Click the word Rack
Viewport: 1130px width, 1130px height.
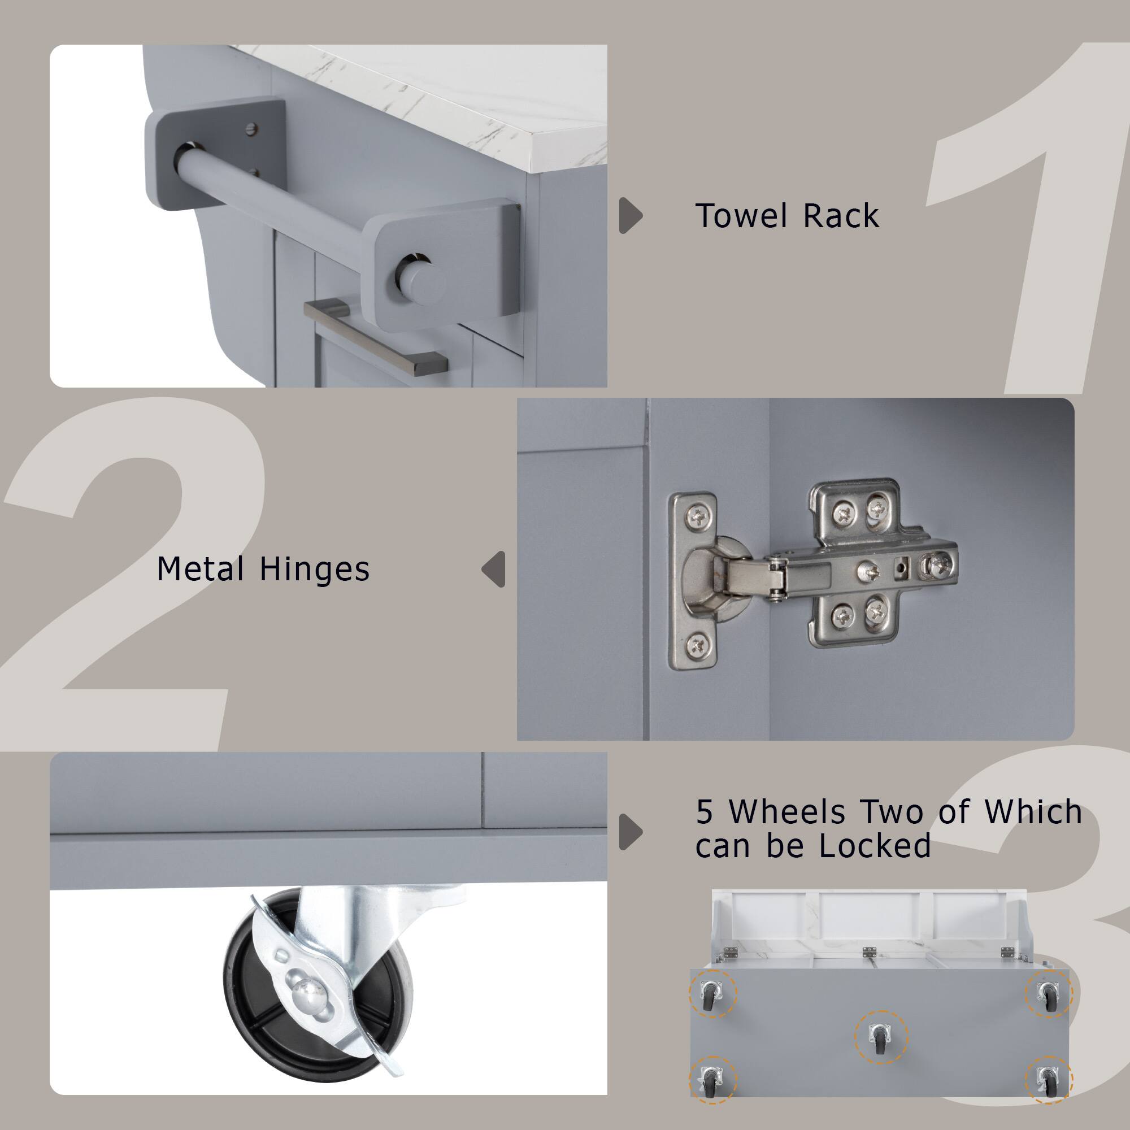click(841, 216)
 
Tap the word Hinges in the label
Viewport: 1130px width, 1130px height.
click(314, 569)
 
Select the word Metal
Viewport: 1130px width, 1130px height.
click(201, 569)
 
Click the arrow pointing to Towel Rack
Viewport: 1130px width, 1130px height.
click(630, 215)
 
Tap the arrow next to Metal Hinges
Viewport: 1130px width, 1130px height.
click(494, 569)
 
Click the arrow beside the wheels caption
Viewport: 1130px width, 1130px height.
click(630, 831)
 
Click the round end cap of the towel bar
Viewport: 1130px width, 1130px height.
click(419, 281)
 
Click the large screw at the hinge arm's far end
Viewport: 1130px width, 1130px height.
click(938, 565)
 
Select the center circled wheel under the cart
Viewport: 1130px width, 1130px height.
click(880, 1037)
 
